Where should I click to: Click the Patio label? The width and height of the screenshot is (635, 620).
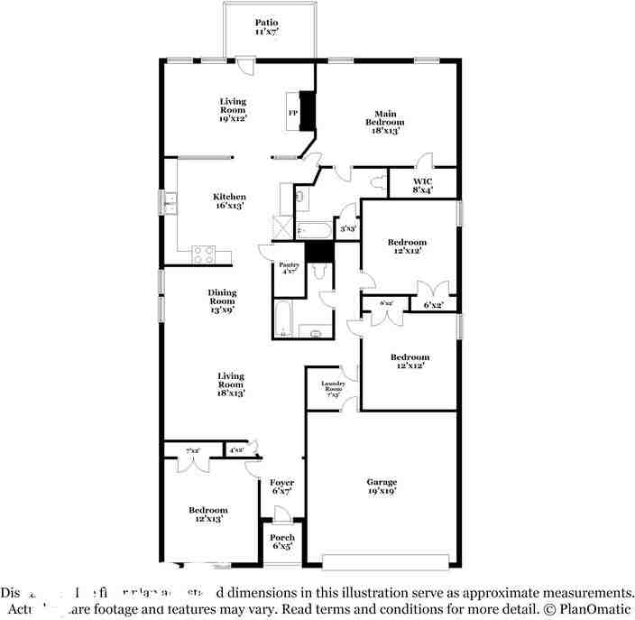[265, 26]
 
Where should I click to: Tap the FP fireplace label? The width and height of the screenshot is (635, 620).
[293, 113]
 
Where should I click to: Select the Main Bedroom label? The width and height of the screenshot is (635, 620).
[385, 121]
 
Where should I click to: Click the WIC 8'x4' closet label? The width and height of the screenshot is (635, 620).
[423, 185]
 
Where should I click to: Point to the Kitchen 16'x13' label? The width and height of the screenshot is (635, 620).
[229, 200]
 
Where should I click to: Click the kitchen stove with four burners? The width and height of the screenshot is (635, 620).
[204, 254]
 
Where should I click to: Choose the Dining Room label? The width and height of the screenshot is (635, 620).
[223, 301]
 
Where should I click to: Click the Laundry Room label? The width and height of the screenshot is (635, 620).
[333, 390]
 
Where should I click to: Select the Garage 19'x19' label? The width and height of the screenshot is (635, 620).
[382, 486]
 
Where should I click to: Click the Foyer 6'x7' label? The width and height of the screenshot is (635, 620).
[282, 487]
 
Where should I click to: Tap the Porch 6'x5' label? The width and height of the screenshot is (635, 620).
[282, 542]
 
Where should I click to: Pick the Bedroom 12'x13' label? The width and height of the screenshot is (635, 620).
[207, 514]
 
